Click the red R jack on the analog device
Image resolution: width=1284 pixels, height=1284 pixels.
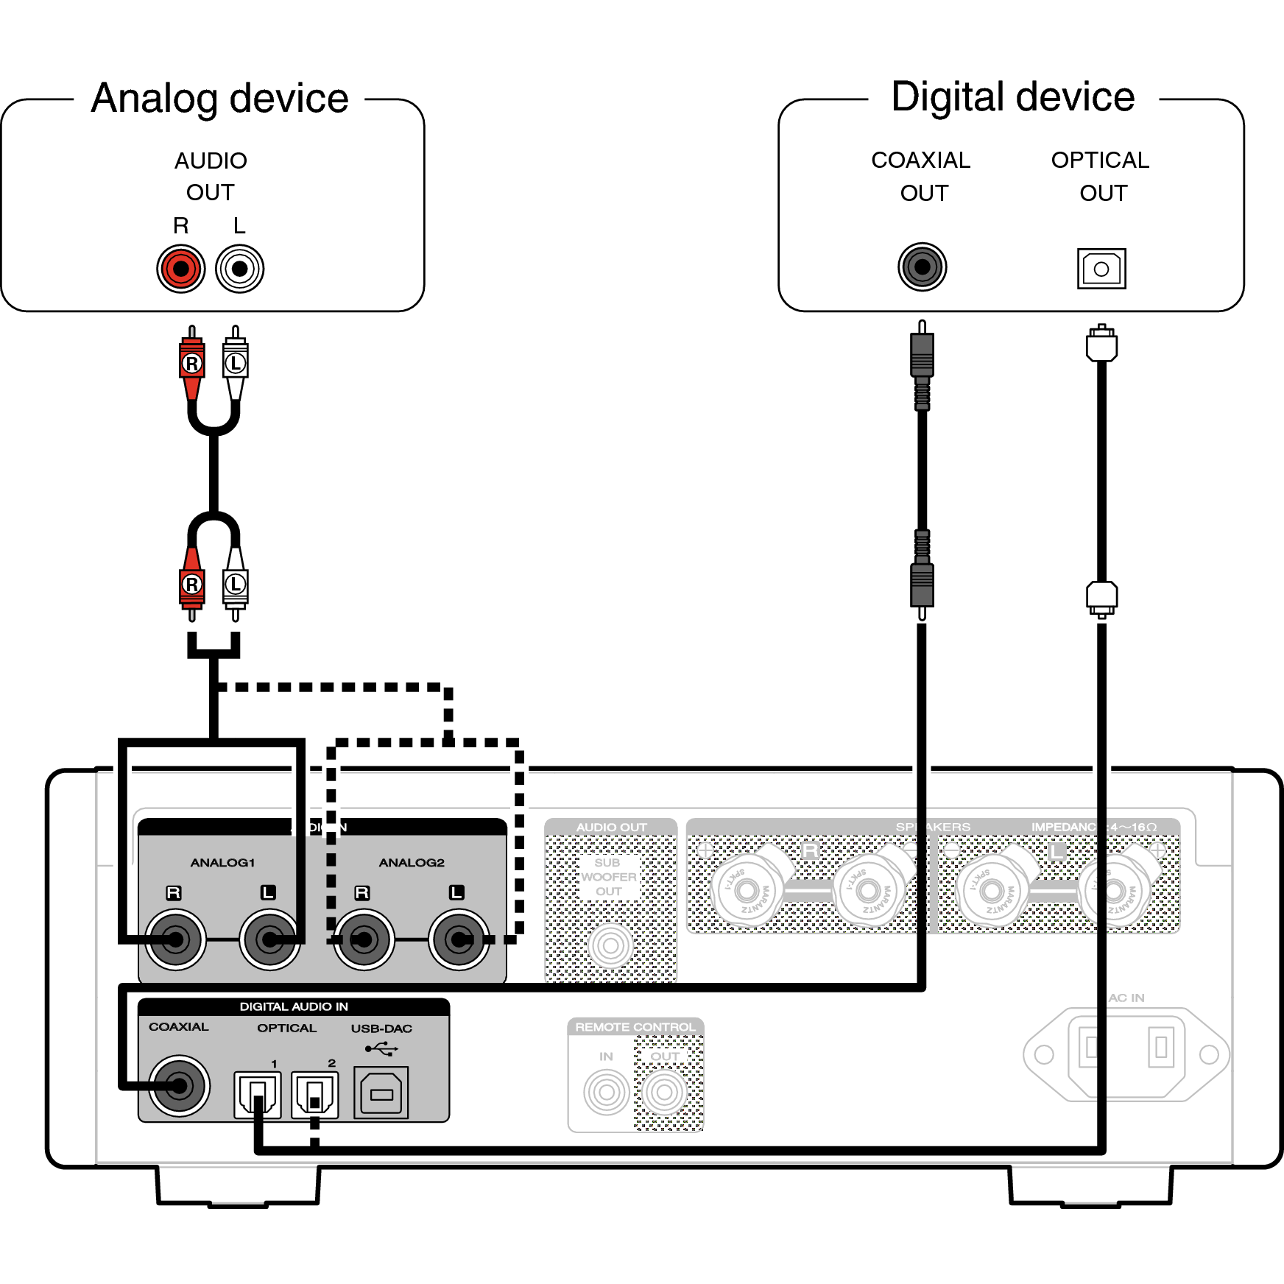click(180, 269)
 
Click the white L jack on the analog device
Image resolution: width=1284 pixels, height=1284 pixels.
click(239, 269)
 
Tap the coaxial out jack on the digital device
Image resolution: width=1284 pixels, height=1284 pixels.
click(922, 267)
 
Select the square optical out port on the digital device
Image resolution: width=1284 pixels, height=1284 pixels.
click(1101, 269)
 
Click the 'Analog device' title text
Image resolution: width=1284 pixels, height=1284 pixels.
click(219, 99)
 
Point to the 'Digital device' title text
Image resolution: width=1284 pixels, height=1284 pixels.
click(1012, 97)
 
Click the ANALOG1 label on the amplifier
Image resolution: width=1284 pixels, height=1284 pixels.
click(222, 862)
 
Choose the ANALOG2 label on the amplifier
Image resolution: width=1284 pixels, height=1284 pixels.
click(412, 862)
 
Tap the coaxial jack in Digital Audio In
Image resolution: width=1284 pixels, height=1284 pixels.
click(179, 1085)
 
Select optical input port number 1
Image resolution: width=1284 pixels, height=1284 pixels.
click(257, 1095)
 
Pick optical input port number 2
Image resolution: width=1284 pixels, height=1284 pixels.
click(315, 1095)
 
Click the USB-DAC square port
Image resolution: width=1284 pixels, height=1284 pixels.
click(381, 1094)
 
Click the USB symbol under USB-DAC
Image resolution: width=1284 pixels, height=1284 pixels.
click(381, 1048)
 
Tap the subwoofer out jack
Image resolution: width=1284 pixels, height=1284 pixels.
click(610, 945)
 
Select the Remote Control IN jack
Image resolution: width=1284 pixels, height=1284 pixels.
click(606, 1093)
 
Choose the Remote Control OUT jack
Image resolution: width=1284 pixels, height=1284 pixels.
click(664, 1093)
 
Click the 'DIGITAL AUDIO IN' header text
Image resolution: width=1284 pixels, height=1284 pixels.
click(294, 1006)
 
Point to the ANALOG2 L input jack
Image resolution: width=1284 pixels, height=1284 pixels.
click(459, 939)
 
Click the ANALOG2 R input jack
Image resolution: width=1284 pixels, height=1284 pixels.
click(364, 939)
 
